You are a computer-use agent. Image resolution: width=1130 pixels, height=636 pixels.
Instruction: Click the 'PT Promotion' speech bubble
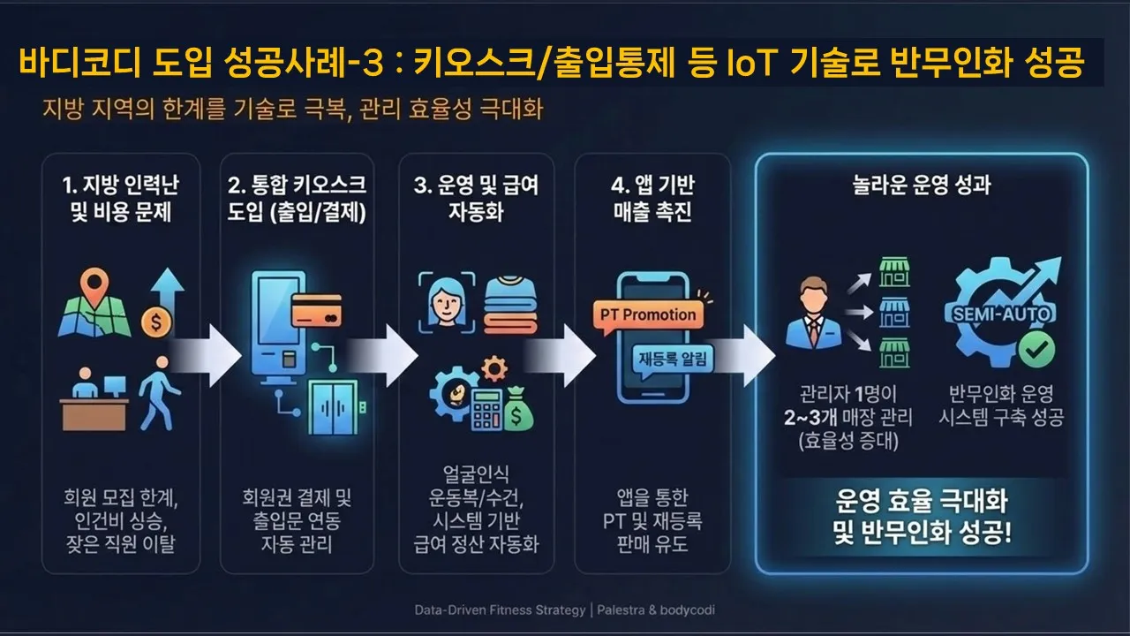tap(648, 314)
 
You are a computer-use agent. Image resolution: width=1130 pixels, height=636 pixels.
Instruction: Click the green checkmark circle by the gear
tap(1036, 350)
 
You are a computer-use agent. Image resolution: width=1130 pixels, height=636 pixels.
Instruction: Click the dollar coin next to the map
tap(155, 322)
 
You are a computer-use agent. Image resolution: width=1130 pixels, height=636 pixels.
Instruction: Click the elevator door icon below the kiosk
tap(333, 408)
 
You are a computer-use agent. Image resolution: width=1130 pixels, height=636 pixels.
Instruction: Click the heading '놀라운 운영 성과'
tap(922, 187)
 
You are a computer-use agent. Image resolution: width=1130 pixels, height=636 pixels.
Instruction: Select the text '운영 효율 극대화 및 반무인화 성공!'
tap(922, 519)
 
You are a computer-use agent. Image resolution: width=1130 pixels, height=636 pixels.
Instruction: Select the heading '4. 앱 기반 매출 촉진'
tap(652, 199)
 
